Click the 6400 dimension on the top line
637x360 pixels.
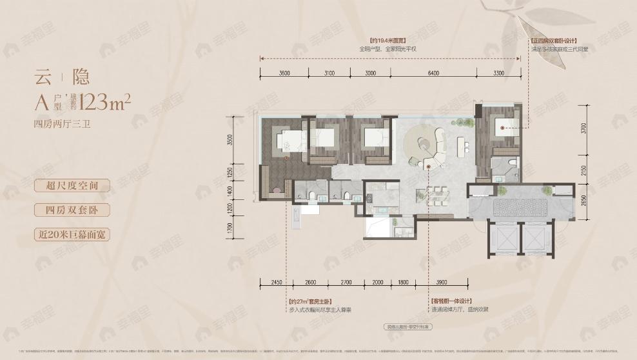tap(433, 73)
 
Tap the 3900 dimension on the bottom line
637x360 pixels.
tap(442, 282)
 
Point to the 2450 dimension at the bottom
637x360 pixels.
tap(277, 282)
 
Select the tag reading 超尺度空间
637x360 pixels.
tap(72, 186)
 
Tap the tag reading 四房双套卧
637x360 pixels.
tap(72, 210)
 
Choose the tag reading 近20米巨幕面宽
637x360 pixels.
tap(72, 234)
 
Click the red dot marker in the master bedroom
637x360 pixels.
tap(285, 156)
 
